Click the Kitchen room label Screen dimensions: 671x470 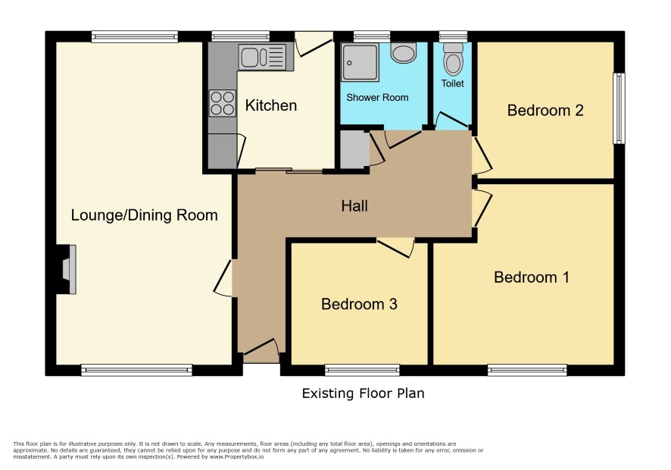(x=271, y=105)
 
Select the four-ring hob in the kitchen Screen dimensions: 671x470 (x=223, y=103)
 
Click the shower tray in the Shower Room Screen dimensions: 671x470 (x=360, y=62)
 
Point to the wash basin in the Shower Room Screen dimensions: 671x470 (x=404, y=53)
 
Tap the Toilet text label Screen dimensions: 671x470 (x=452, y=83)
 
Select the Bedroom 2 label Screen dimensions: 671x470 (x=545, y=111)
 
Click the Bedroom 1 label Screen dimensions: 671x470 (x=532, y=277)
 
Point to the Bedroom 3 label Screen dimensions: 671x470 (x=359, y=304)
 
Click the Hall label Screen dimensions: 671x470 (x=354, y=206)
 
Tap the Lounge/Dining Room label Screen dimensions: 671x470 (x=144, y=215)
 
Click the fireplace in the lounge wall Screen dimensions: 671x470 (x=67, y=269)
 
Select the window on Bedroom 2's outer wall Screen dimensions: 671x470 (x=619, y=108)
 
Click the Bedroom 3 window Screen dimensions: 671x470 (x=362, y=370)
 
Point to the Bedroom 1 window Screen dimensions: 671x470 (x=527, y=370)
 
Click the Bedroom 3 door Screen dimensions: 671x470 (x=396, y=248)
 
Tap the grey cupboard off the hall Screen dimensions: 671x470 (x=354, y=149)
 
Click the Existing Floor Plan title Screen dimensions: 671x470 (x=363, y=393)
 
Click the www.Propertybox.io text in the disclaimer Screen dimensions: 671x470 (x=236, y=456)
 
